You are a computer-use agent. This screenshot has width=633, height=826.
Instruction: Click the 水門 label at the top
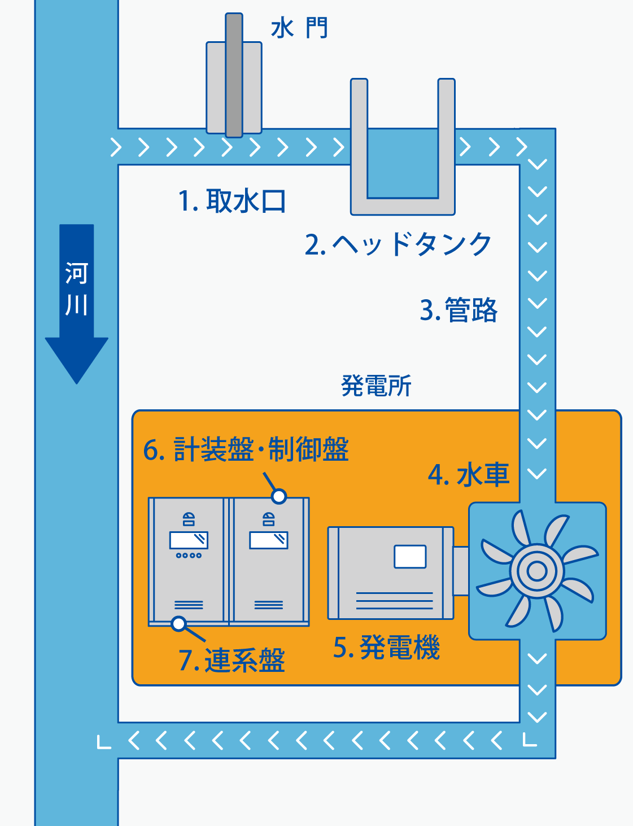coord(299,28)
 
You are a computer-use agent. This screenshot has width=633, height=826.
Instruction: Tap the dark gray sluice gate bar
coord(234,76)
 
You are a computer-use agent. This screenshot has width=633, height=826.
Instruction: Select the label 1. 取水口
coord(232,201)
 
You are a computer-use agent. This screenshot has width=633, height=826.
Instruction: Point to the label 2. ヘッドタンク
coord(398,244)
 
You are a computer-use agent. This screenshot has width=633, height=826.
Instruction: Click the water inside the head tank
coord(403,164)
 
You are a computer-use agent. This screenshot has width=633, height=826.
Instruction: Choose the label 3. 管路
coord(459,310)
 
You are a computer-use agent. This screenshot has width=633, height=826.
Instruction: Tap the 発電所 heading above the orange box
coord(376,386)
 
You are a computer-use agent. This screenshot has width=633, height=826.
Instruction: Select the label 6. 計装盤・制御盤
coord(246,449)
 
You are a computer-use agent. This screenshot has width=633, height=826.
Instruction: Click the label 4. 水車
coord(469,474)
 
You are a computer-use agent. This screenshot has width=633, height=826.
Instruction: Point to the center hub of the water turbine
coord(537,571)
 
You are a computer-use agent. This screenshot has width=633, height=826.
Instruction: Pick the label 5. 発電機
coord(386,647)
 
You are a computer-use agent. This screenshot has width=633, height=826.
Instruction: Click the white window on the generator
coord(410,557)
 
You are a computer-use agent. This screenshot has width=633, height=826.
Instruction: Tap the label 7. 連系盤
coord(232,660)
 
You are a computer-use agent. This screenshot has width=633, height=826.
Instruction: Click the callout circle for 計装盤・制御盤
coord(279,496)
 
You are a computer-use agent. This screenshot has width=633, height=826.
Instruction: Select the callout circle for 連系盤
coord(179,624)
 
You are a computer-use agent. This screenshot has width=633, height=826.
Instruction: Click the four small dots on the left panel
coord(189,556)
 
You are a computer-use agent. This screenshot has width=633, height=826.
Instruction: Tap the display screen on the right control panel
coord(269,540)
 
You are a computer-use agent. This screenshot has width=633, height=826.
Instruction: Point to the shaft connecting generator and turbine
coord(461,571)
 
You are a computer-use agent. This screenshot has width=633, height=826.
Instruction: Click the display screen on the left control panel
coord(189,540)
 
